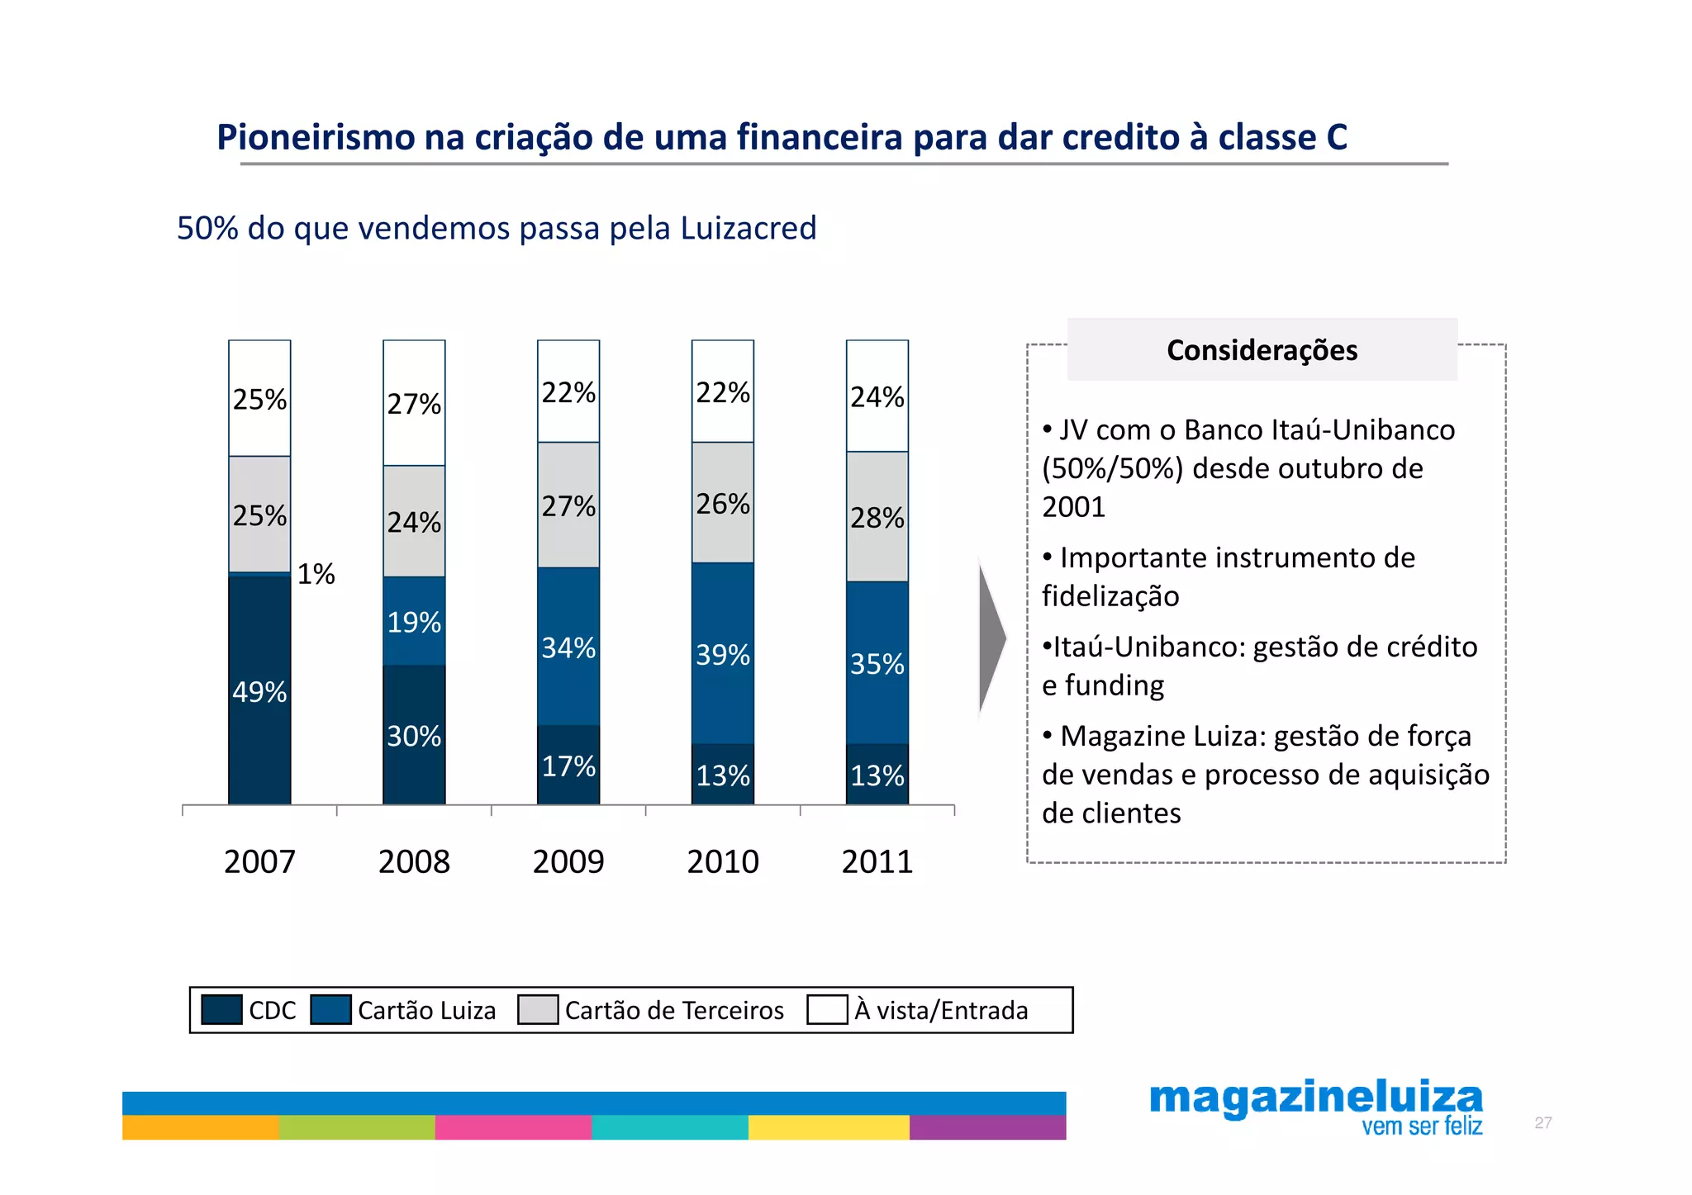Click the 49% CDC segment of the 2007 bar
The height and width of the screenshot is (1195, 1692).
[x=259, y=690]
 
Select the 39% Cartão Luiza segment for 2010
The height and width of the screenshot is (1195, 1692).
[x=723, y=654]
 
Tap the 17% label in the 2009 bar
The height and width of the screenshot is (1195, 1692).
[x=568, y=766]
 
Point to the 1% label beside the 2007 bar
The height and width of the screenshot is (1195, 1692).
[x=316, y=573]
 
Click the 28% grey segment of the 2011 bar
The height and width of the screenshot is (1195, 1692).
[x=877, y=517]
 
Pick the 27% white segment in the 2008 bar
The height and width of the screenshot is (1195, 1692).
[x=414, y=404]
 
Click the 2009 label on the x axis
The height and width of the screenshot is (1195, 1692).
[x=568, y=861]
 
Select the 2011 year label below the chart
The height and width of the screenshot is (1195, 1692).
[x=877, y=861]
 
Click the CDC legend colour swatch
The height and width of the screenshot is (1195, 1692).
[x=221, y=1009]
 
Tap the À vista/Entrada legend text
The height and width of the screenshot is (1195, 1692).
[x=941, y=1010]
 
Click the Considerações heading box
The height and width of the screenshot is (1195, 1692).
[x=1262, y=349]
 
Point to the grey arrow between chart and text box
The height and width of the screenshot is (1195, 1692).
[x=991, y=637]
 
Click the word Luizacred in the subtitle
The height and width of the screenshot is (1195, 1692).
[x=749, y=228]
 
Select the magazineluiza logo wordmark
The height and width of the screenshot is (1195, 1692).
[x=1315, y=1098]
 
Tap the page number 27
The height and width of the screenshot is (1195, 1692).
[x=1542, y=1122]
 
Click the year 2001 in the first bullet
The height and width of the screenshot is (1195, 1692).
[x=1073, y=506]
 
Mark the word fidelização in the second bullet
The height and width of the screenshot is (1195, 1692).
[x=1110, y=595]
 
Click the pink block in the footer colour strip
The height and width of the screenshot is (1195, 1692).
[x=513, y=1126]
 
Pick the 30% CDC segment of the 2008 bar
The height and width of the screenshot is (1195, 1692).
[x=414, y=735]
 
